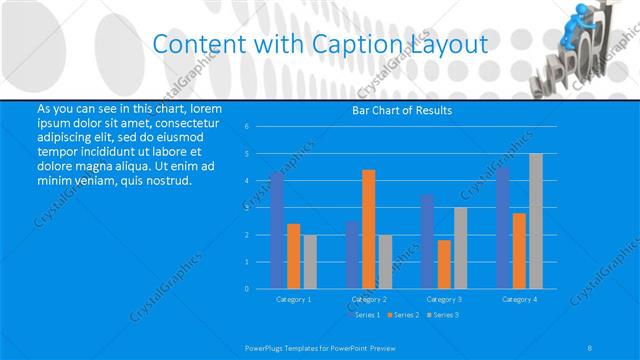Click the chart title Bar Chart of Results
pyautogui.click(x=401, y=110)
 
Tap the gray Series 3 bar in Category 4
pyautogui.click(x=536, y=221)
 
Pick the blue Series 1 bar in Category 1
pyautogui.click(x=277, y=231)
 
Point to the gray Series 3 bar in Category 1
pyautogui.click(x=310, y=262)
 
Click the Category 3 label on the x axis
pyautogui.click(x=443, y=299)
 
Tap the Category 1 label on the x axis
pyautogui.click(x=293, y=299)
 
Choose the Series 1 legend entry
pyautogui.click(x=364, y=315)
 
